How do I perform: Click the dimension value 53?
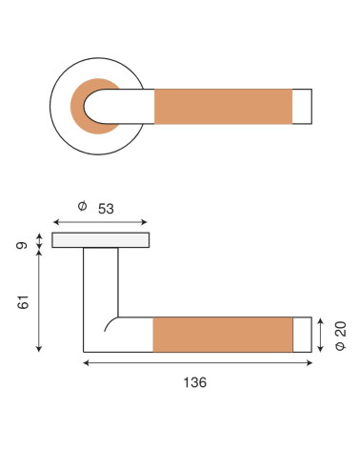[x=106, y=209]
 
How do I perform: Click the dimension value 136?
[x=195, y=382]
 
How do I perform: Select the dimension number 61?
[x=23, y=302]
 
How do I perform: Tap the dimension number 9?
[x=22, y=245]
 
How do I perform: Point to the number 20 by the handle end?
[x=341, y=329]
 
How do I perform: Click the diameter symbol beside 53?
[x=82, y=206]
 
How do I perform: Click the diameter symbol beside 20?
[x=341, y=346]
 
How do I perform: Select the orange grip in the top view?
[x=223, y=107]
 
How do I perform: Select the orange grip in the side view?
[x=223, y=335]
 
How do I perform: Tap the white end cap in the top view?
[x=302, y=107]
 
